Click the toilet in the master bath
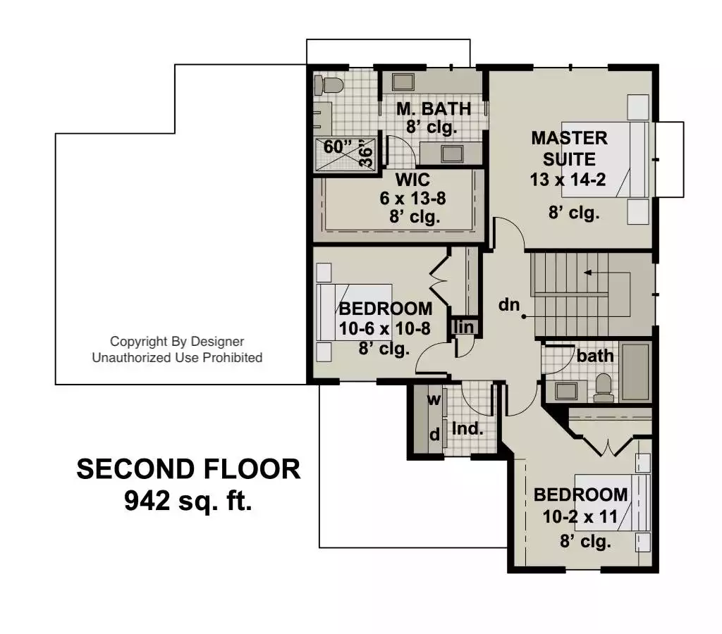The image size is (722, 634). tap(329, 85)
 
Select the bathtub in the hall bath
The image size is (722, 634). tap(636, 372)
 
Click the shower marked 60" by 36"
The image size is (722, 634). tap(344, 154)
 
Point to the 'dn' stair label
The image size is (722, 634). tap(509, 304)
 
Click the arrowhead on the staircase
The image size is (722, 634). tap(587, 273)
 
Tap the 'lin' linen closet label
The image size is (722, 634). tap(464, 327)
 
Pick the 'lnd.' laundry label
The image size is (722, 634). tap(467, 429)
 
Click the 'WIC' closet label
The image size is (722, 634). tap(412, 180)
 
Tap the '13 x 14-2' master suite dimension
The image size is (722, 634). tap(568, 180)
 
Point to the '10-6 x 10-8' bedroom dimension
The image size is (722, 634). tap(384, 328)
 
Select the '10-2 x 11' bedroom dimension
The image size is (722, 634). tap(580, 516)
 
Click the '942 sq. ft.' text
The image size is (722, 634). tap(188, 501)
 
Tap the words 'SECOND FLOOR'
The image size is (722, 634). tap(188, 469)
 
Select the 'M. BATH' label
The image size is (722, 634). tap(434, 109)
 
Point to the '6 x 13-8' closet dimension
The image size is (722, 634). tap(412, 198)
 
